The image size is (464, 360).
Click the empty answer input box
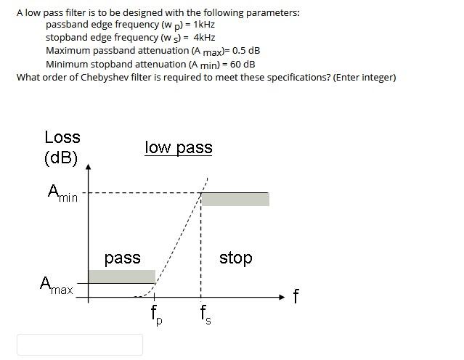pyautogui.click(x=80, y=344)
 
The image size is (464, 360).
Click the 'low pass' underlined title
pyautogui.click(x=179, y=148)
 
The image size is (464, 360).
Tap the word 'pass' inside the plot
pyautogui.click(x=122, y=258)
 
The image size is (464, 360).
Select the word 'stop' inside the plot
pyautogui.click(x=235, y=258)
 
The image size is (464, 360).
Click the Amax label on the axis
pyautogui.click(x=57, y=285)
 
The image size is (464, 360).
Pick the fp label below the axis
pyautogui.click(x=156, y=315)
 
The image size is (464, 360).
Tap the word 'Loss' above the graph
pyautogui.click(x=62, y=137)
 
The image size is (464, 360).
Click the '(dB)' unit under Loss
pyautogui.click(x=61, y=157)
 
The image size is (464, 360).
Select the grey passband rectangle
pyautogui.click(x=121, y=276)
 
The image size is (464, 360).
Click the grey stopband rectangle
pyautogui.click(x=235, y=199)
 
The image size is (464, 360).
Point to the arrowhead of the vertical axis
pyautogui.click(x=89, y=168)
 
